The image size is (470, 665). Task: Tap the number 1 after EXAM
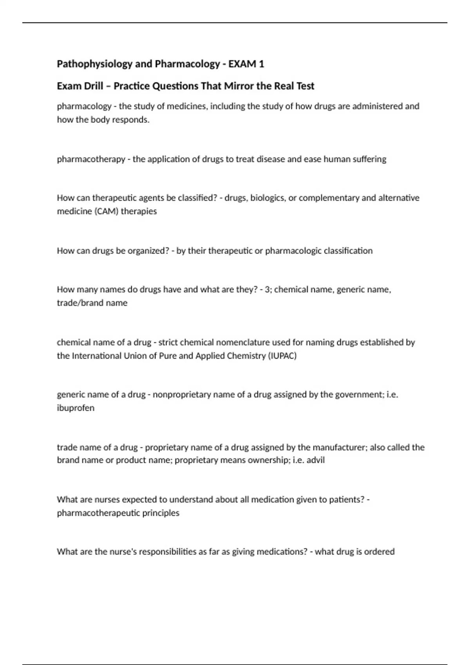[261, 64]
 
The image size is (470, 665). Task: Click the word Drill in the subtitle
[93, 86]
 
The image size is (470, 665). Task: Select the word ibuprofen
[76, 408]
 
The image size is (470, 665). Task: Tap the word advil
[316, 460]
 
